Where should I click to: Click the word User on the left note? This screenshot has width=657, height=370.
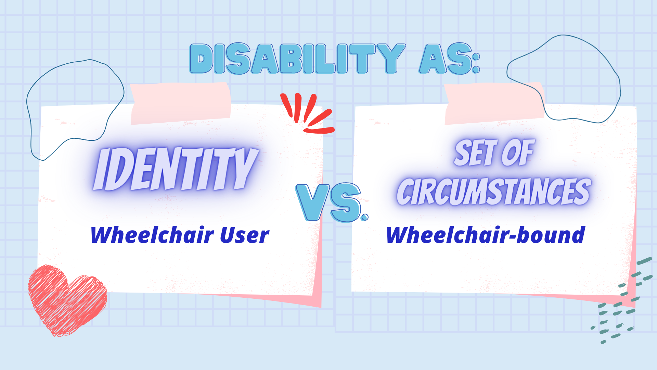(x=244, y=235)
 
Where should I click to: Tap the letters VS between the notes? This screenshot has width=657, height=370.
(x=328, y=202)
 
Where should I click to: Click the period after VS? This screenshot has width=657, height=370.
(x=365, y=217)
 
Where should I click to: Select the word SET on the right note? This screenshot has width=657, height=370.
(x=476, y=153)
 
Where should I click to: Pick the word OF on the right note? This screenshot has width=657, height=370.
(x=518, y=152)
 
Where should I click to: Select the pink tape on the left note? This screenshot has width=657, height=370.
(x=181, y=103)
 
